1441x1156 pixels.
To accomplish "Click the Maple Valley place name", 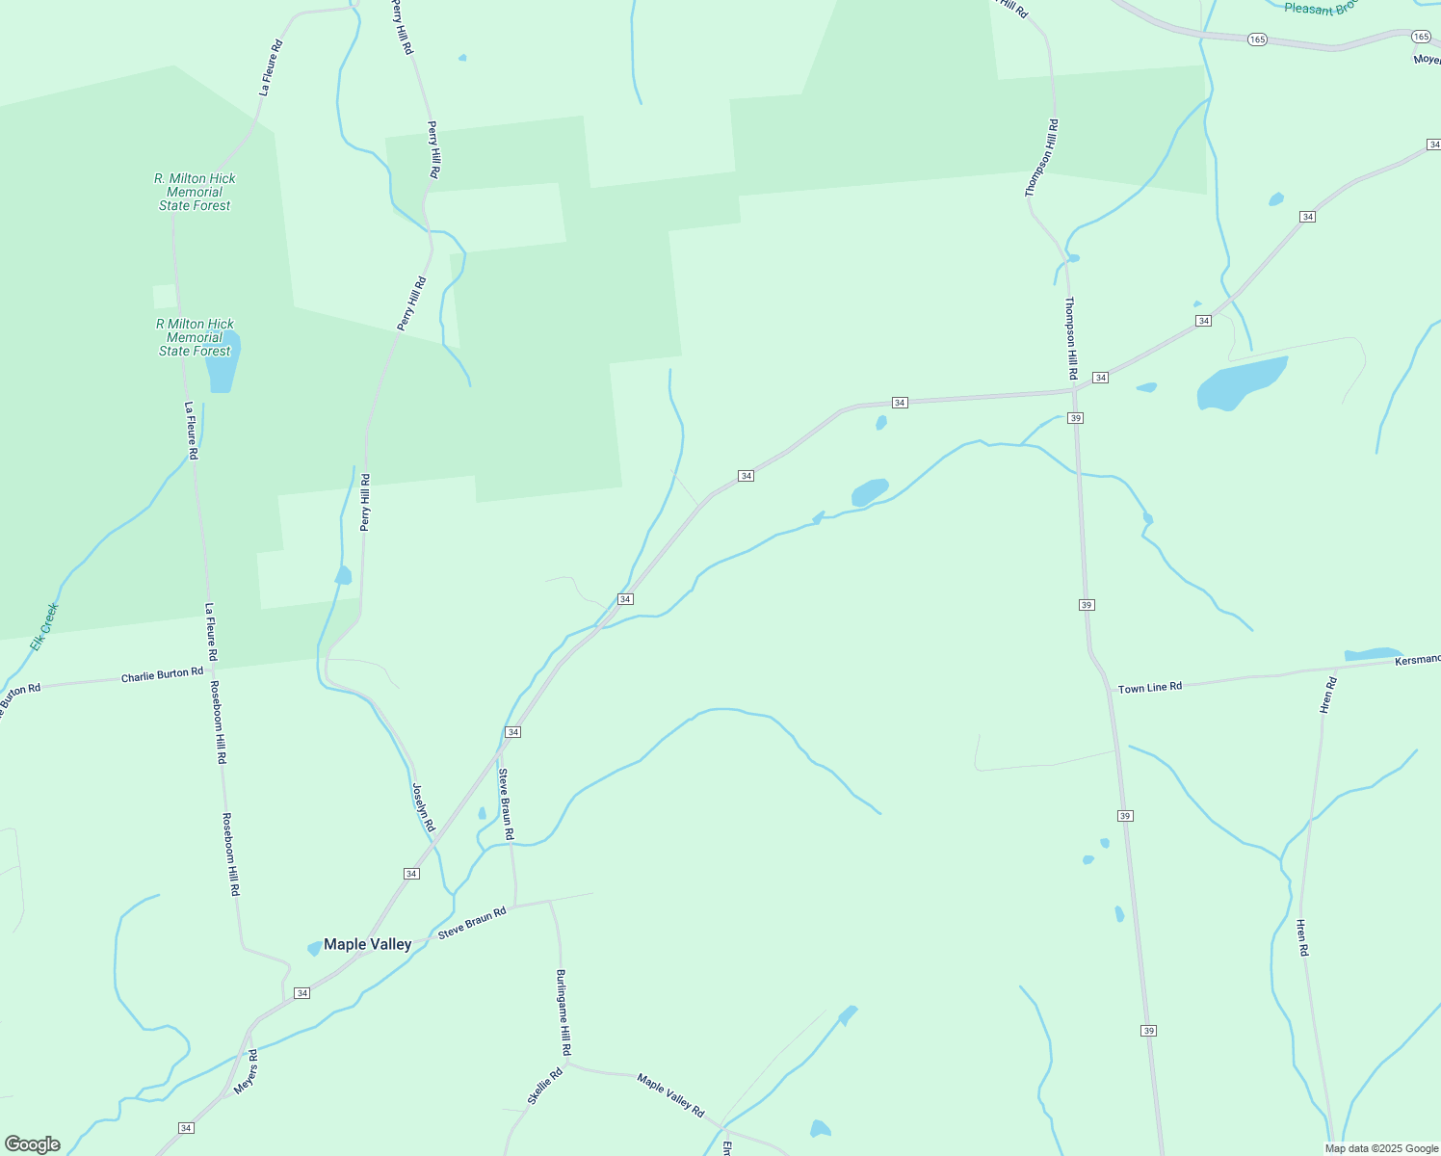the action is (x=367, y=944).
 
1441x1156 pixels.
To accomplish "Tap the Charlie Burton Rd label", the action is (x=162, y=674).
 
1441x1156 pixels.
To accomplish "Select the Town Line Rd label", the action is (x=1149, y=687).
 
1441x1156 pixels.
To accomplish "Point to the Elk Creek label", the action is (x=44, y=626).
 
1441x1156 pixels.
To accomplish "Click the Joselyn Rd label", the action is (x=423, y=807).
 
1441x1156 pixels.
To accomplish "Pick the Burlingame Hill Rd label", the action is (x=564, y=1011).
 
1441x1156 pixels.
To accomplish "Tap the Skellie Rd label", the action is (x=544, y=1087).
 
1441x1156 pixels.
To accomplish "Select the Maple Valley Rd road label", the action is (x=670, y=1094).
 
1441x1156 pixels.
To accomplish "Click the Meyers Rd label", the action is (x=246, y=1072).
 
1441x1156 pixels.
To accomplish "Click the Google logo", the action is (x=33, y=1144).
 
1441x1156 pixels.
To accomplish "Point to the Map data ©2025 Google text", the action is (x=1380, y=1148).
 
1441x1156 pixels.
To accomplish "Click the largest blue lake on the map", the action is (x=1241, y=383).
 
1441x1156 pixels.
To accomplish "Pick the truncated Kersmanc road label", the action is (x=1418, y=659).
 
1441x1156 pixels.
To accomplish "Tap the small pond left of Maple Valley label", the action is (x=314, y=949).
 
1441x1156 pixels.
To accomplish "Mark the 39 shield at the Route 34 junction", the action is (x=1076, y=418).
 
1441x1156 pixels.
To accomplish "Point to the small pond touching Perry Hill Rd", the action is (x=343, y=576).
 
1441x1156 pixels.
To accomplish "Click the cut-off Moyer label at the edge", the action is (x=1427, y=60).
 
